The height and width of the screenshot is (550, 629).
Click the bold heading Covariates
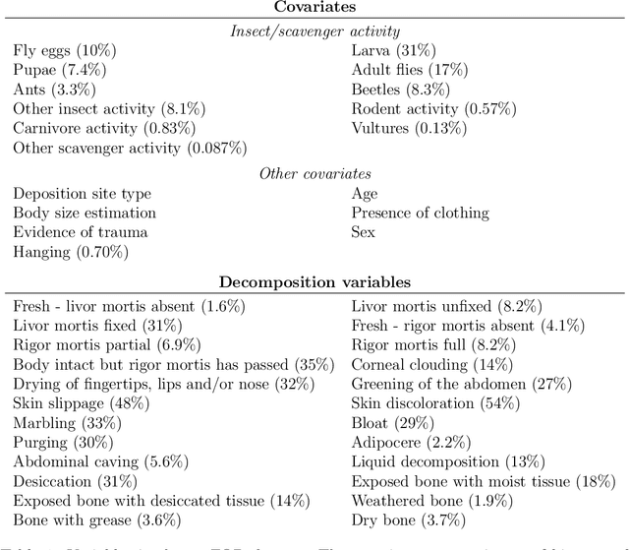coord(314,9)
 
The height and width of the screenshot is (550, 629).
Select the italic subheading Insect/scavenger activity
coord(314,31)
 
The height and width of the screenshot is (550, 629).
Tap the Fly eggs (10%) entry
coord(58,51)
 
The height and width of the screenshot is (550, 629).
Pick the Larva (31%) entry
coord(394,51)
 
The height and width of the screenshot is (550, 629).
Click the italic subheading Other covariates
coord(314,173)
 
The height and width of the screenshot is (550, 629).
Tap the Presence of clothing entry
coord(420,213)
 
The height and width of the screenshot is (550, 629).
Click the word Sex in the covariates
coord(364,232)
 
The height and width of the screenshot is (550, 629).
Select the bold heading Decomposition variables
coord(314,282)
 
